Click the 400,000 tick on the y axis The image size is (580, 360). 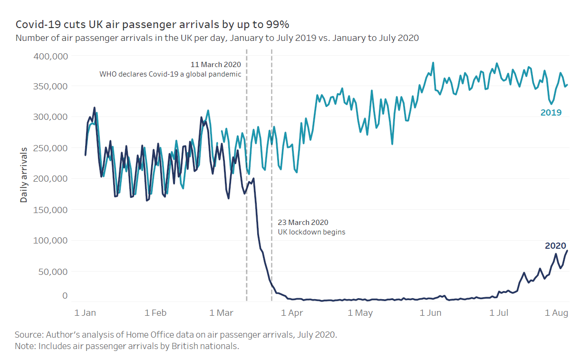(x=51, y=56)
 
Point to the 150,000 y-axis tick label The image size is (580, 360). (x=51, y=210)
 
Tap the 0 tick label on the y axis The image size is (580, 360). (x=65, y=295)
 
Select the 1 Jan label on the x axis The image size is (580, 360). (x=86, y=313)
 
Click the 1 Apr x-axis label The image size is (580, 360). (x=292, y=313)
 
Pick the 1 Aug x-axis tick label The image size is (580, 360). (x=556, y=313)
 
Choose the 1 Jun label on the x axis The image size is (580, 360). (x=431, y=313)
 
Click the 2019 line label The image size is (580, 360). (x=551, y=113)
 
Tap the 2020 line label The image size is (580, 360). (x=555, y=246)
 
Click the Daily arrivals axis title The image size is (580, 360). (x=24, y=175)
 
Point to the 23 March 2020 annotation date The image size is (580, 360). (x=303, y=223)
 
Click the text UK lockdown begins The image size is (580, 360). (x=311, y=233)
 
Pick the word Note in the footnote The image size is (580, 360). (x=25, y=346)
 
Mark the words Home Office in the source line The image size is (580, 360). (x=139, y=335)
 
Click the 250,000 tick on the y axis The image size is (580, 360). (x=51, y=148)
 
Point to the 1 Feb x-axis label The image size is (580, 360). (x=155, y=313)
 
